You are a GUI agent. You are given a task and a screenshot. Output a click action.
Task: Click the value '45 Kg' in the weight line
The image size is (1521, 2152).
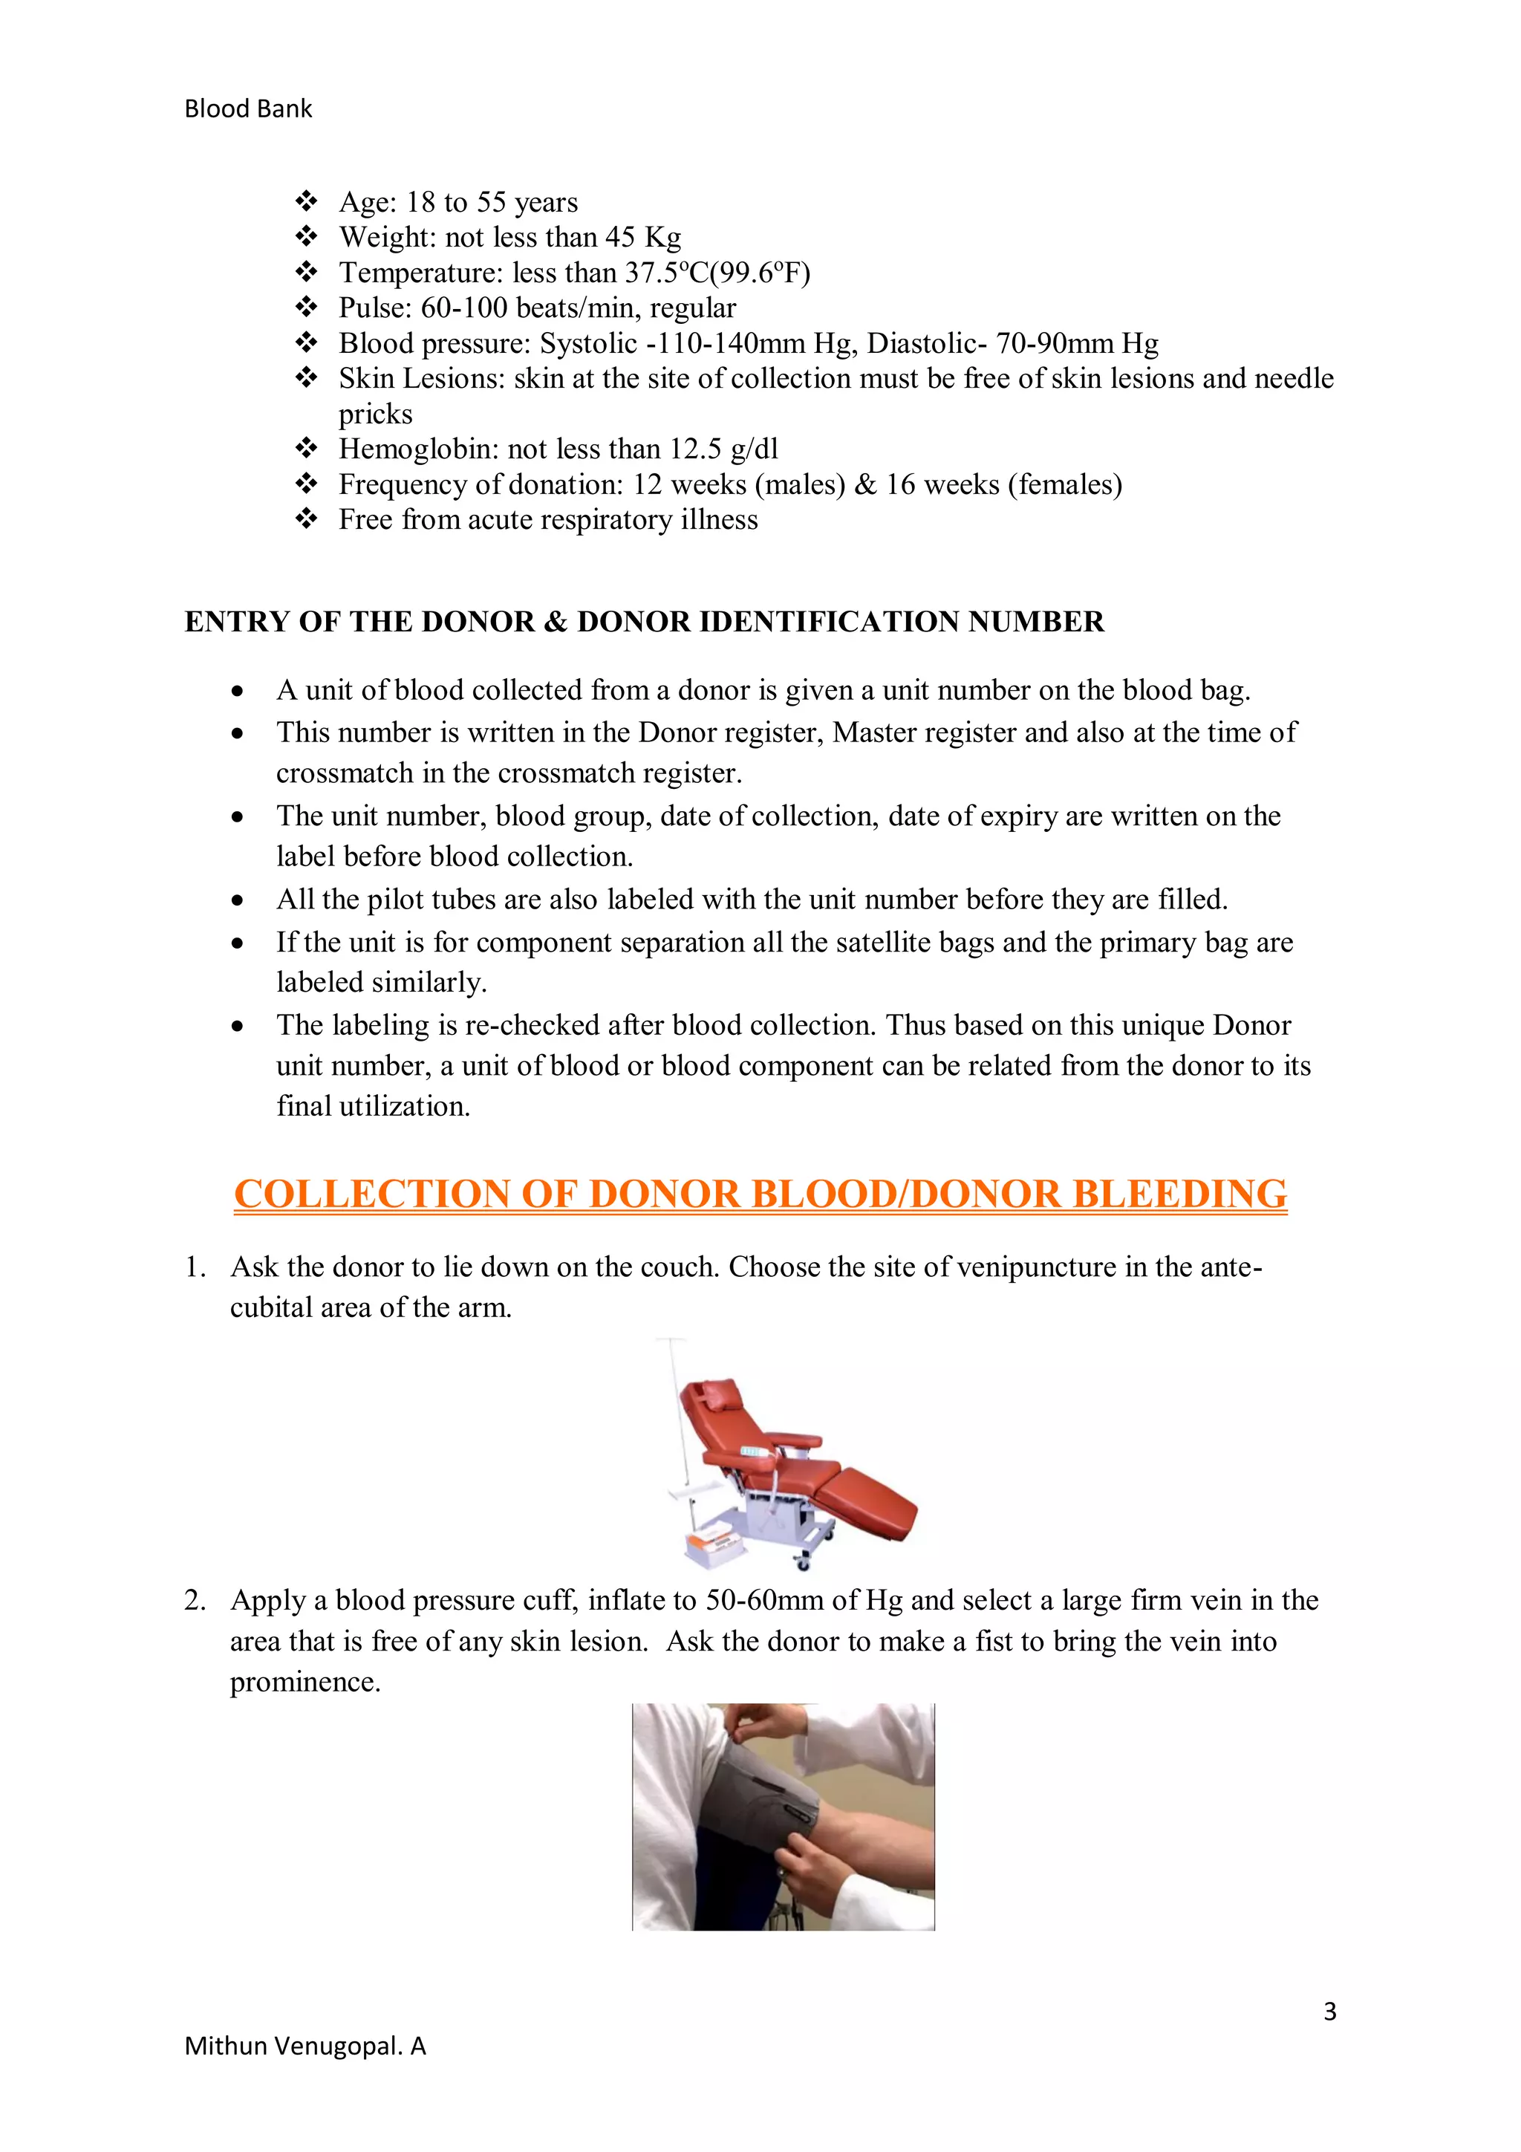tap(643, 237)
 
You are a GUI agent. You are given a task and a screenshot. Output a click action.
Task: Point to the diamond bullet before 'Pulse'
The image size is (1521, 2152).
tap(307, 308)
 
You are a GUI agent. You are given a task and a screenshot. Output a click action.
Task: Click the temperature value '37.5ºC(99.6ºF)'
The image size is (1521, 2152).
tap(717, 273)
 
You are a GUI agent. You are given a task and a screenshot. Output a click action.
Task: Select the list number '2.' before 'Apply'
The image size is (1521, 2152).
tap(195, 1600)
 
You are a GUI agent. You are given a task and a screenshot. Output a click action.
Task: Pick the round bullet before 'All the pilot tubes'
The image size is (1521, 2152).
tap(239, 901)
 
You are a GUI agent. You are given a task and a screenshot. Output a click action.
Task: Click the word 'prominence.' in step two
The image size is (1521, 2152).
tap(305, 1682)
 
